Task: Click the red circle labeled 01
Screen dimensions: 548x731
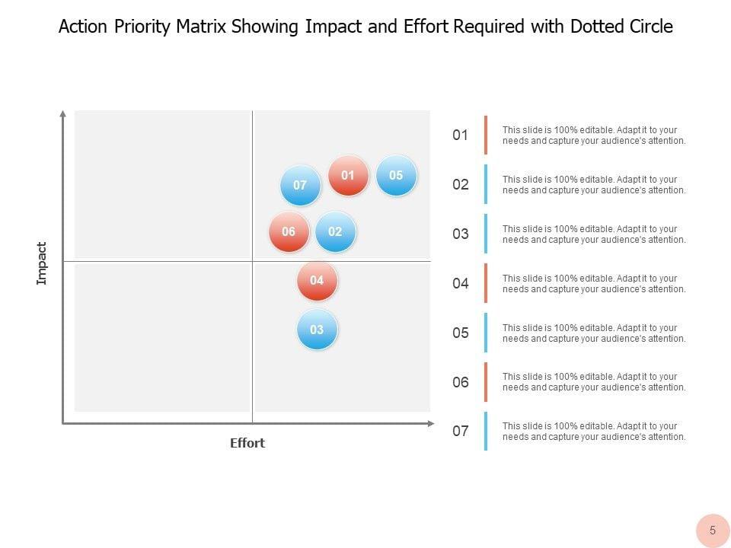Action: [348, 176]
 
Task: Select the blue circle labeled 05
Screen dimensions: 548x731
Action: [396, 176]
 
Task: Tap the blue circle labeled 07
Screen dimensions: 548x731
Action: [300, 186]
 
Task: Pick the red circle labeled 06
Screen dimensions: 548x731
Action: [289, 232]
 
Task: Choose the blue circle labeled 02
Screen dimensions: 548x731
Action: [335, 232]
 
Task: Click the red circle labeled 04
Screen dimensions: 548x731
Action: [317, 281]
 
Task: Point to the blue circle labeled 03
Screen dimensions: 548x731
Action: [317, 330]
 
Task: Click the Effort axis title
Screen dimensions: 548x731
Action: [247, 443]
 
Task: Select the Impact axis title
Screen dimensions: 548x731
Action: [42, 263]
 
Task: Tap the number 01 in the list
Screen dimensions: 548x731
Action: [460, 135]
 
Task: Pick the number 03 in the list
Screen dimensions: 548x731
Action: [460, 234]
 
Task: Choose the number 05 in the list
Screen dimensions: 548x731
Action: [460, 333]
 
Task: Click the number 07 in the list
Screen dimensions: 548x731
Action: [460, 432]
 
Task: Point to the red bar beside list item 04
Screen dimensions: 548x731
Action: [486, 283]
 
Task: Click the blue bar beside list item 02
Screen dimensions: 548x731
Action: [486, 184]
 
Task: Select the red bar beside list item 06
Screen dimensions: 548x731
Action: [486, 382]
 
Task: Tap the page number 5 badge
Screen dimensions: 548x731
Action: [713, 530]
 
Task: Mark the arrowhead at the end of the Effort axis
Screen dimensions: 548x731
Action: [432, 423]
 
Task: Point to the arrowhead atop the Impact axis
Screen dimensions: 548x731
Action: [62, 114]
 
